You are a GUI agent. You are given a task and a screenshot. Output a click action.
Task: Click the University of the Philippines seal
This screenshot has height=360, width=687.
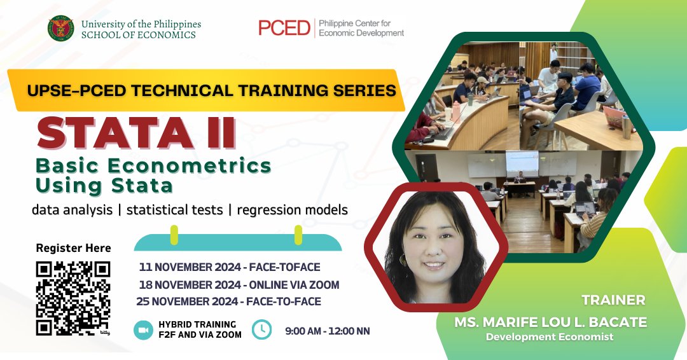click(61, 29)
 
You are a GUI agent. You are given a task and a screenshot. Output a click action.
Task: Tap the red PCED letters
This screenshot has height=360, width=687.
click(284, 28)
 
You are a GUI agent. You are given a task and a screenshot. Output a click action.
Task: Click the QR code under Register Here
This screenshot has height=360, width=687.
click(73, 298)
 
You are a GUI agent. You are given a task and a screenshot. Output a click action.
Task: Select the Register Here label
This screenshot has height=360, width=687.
click(73, 248)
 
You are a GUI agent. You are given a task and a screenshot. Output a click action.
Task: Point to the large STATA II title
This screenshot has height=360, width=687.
click(136, 133)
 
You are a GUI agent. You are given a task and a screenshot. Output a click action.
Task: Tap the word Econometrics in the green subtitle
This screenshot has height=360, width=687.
click(190, 166)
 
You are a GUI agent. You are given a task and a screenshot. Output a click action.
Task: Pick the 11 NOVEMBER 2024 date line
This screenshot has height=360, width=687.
click(230, 267)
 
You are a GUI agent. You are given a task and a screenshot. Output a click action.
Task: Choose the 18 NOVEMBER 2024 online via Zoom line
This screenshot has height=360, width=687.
click(239, 285)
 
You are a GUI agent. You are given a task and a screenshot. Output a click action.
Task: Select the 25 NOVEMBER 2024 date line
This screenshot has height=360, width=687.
click(229, 301)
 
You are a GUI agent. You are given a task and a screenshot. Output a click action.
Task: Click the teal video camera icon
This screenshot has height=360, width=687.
click(143, 329)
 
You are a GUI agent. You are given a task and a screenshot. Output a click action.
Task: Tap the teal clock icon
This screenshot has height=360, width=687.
click(262, 329)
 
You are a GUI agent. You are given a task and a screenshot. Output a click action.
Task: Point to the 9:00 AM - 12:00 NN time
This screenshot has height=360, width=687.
click(328, 331)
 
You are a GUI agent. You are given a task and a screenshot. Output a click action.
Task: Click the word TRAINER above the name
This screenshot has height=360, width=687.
click(613, 300)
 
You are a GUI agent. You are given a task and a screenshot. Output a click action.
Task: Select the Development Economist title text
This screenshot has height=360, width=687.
click(550, 337)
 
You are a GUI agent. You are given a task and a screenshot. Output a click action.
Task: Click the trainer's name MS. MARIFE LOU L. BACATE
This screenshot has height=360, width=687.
click(551, 322)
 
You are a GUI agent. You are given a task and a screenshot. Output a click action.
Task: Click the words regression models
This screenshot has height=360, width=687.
click(292, 211)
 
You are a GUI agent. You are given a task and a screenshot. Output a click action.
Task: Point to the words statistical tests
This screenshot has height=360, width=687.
click(175, 211)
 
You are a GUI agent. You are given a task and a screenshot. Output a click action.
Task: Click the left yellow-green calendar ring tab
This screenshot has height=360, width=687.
click(174, 235)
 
